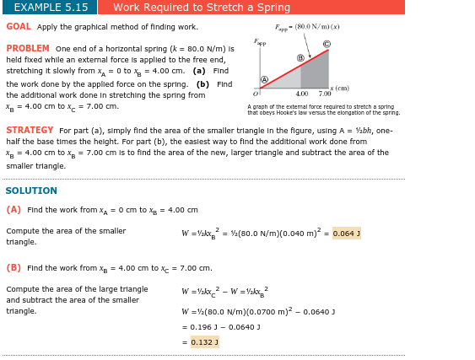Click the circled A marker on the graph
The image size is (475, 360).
(x=264, y=80)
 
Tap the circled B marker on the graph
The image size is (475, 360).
(x=300, y=58)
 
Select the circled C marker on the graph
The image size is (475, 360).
(x=327, y=43)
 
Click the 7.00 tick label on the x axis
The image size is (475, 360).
(x=325, y=94)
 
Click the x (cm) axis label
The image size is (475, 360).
(x=340, y=89)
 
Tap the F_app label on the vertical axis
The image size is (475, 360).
(x=260, y=41)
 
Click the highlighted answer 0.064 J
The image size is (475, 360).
(x=347, y=234)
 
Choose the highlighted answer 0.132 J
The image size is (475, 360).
(x=204, y=342)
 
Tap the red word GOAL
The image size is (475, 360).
(x=19, y=27)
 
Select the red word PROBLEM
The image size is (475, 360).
(x=28, y=49)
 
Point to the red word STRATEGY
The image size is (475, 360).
(x=30, y=131)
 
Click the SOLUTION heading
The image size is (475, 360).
(x=31, y=191)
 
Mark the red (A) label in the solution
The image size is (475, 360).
(x=13, y=210)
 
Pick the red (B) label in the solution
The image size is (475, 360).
(x=13, y=268)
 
